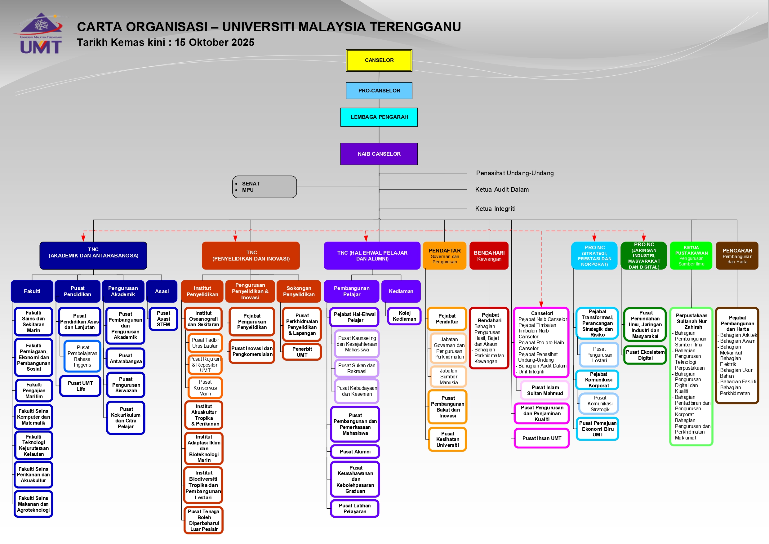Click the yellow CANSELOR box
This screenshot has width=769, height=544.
(x=379, y=60)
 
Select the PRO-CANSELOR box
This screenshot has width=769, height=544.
(x=379, y=91)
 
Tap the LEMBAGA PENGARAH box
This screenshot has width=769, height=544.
(x=379, y=117)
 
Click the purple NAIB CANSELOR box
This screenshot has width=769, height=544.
(x=379, y=154)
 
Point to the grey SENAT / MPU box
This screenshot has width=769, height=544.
(x=264, y=187)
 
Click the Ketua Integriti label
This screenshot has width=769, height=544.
(x=495, y=209)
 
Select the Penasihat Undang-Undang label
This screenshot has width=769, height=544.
(x=514, y=173)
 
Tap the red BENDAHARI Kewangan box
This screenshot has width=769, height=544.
(x=489, y=256)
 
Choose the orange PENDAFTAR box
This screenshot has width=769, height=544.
(x=444, y=256)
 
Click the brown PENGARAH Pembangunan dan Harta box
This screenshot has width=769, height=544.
(x=737, y=256)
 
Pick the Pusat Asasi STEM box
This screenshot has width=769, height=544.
(x=163, y=319)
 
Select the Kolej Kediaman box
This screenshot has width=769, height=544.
(x=404, y=316)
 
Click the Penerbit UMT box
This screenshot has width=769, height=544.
(x=302, y=352)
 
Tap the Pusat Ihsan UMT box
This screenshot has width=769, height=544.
(x=542, y=438)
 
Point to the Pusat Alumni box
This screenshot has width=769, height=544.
(x=355, y=452)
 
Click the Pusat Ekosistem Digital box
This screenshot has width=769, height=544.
(x=645, y=355)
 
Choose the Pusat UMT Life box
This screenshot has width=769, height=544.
(x=80, y=386)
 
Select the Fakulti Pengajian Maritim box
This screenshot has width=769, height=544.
(x=34, y=390)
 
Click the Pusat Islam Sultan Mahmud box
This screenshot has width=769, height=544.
(x=545, y=390)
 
